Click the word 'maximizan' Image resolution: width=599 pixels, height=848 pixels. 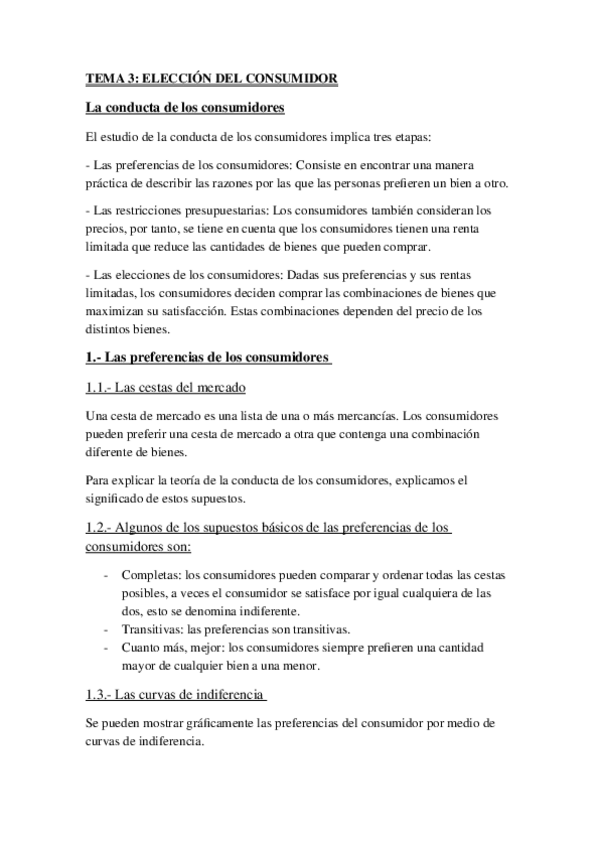[x=114, y=311]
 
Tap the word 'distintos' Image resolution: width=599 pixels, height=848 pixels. [x=110, y=327]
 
